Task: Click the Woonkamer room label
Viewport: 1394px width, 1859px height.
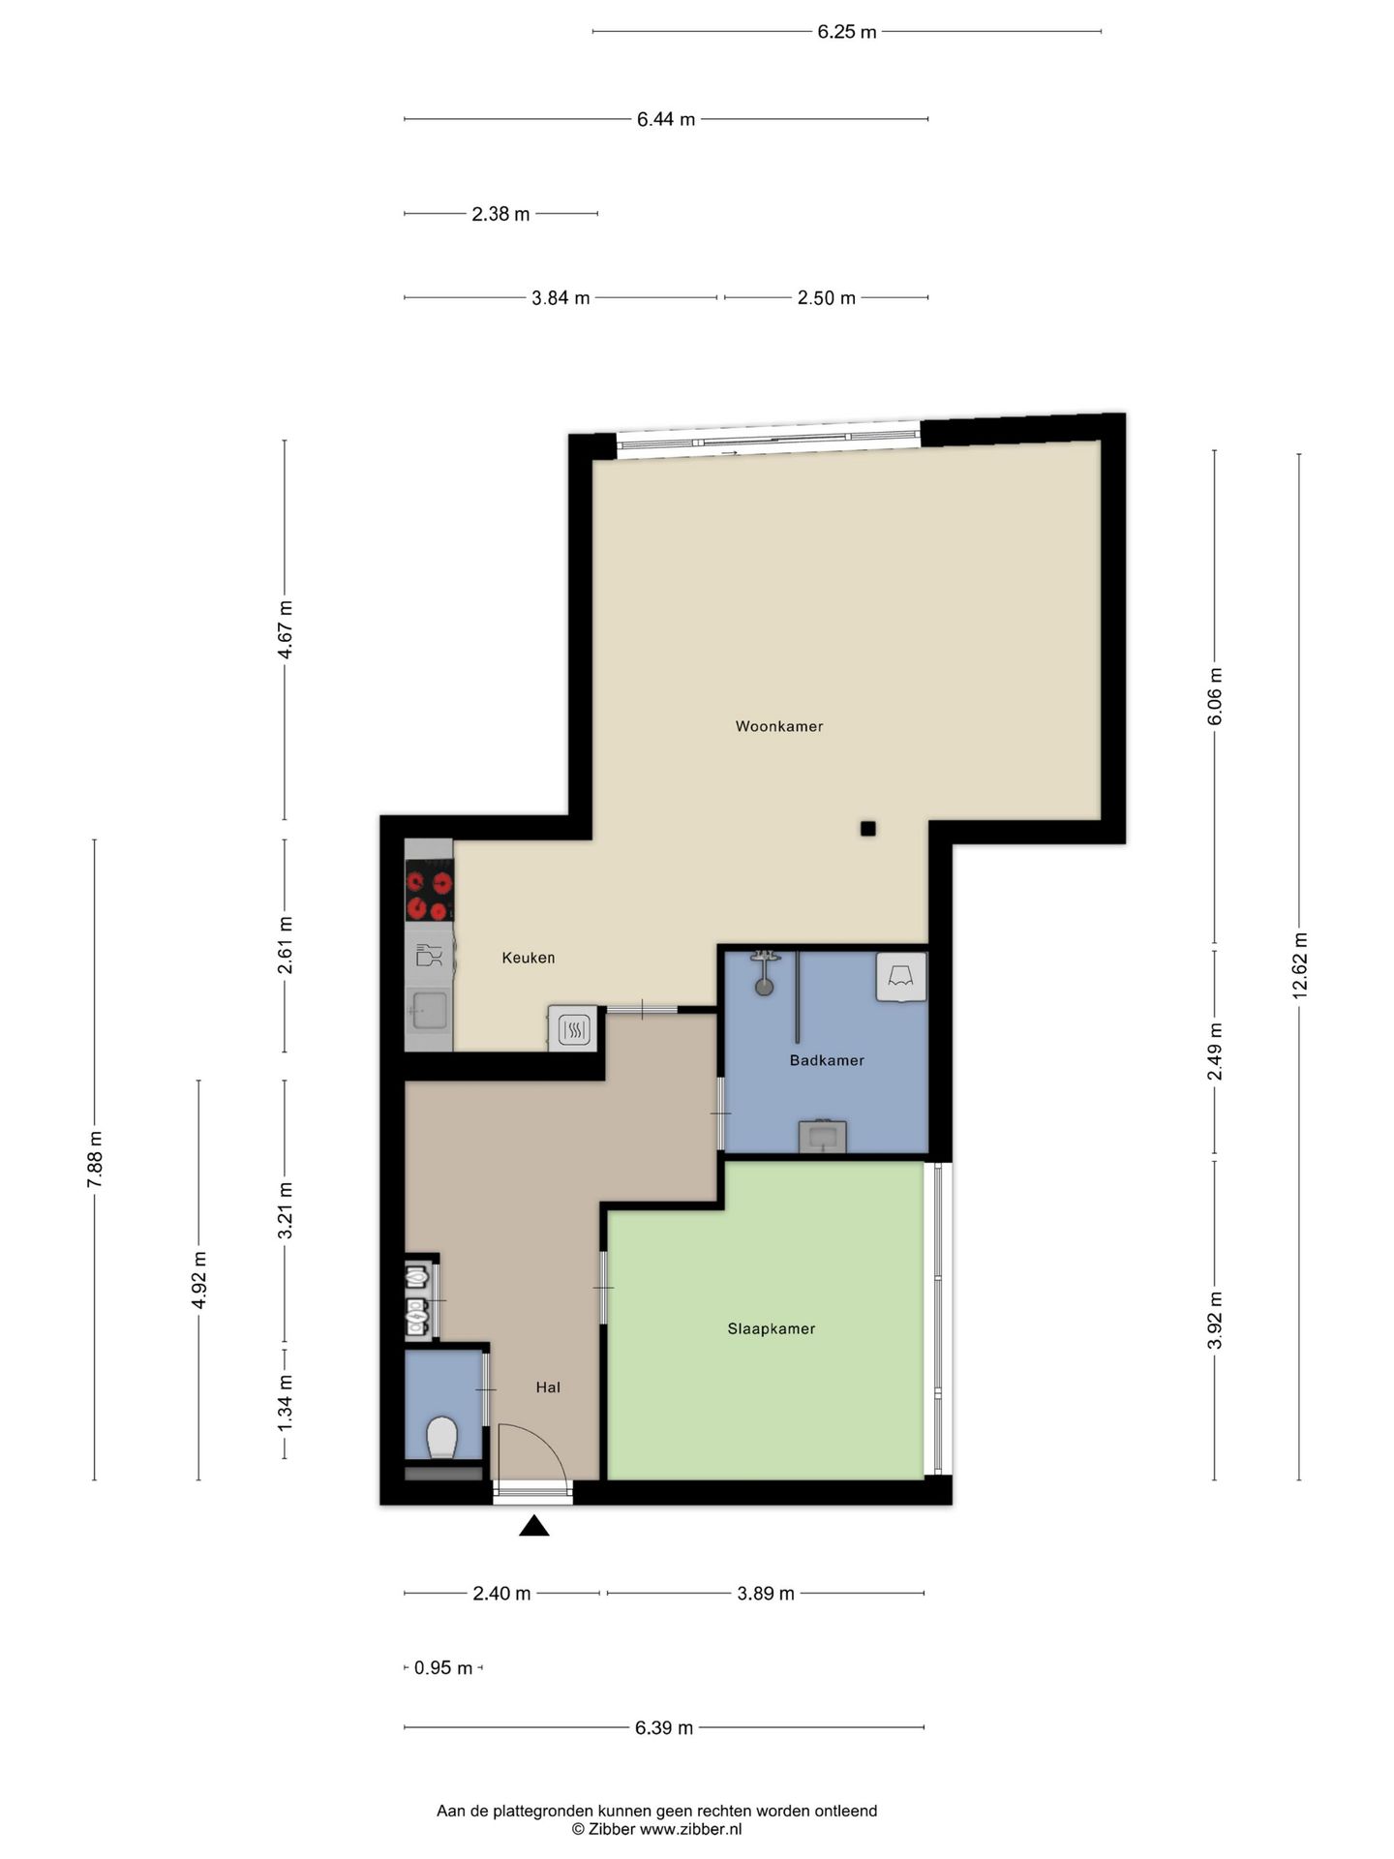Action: point(778,726)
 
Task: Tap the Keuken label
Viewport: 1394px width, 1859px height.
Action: point(528,958)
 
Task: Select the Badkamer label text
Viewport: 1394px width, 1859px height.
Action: point(827,1060)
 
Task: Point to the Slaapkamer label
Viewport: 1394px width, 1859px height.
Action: point(772,1328)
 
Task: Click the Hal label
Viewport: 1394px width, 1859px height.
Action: point(548,1387)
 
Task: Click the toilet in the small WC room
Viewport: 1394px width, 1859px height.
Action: point(442,1437)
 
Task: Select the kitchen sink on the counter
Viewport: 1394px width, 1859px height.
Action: point(427,1011)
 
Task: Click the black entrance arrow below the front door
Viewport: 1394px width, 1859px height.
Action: point(534,1526)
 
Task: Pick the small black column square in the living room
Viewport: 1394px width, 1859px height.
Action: point(868,828)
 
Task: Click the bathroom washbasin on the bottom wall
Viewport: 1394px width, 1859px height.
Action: point(823,1137)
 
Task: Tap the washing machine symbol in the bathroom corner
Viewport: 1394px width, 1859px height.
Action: point(901,977)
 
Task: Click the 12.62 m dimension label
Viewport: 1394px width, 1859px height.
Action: point(1299,965)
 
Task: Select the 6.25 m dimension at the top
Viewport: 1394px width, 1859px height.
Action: point(847,32)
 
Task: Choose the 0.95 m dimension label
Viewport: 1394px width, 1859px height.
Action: point(443,1667)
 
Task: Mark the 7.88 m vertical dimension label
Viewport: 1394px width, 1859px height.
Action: point(94,1159)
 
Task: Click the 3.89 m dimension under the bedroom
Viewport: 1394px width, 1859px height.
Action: point(766,1593)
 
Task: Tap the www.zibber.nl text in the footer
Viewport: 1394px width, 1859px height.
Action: point(690,1829)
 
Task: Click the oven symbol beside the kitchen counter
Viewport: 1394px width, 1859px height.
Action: point(574,1028)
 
